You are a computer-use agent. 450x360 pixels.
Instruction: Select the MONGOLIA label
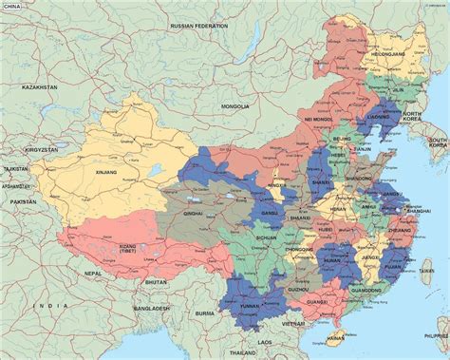[234, 106]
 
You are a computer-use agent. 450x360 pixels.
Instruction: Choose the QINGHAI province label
[196, 215]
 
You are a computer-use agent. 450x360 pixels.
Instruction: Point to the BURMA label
[205, 313]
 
